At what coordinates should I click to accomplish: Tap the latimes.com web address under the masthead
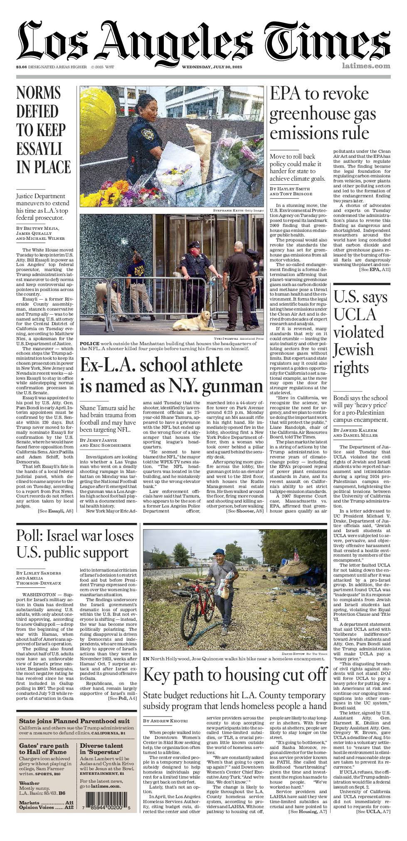(366, 65)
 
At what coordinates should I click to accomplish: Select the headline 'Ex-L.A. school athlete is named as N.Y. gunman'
(171, 375)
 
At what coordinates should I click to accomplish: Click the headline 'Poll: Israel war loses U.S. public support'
(75, 544)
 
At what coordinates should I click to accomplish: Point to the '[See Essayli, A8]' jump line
(55, 511)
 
